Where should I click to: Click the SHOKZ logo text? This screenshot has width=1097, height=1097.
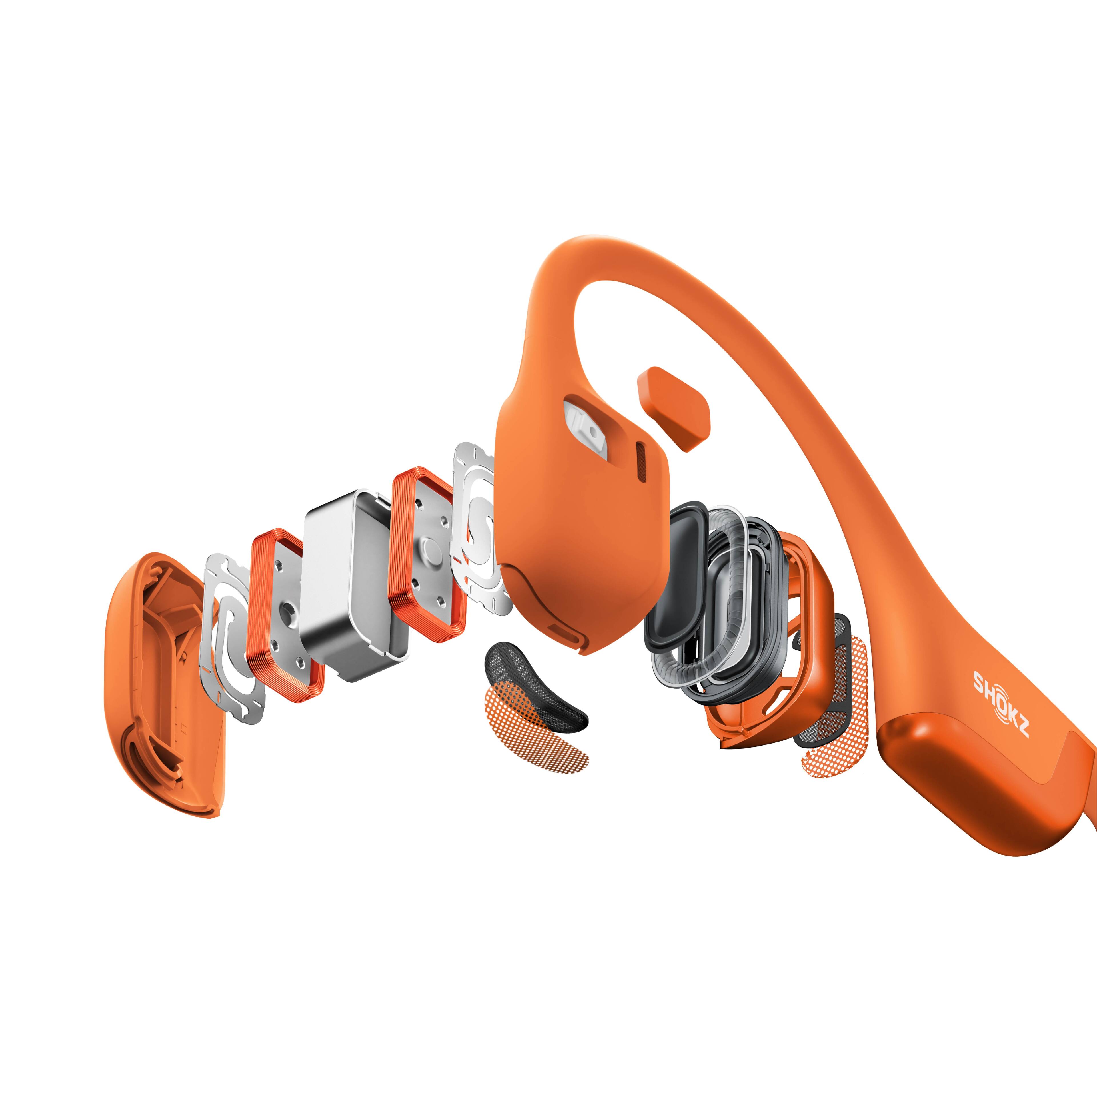click(1000, 702)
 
